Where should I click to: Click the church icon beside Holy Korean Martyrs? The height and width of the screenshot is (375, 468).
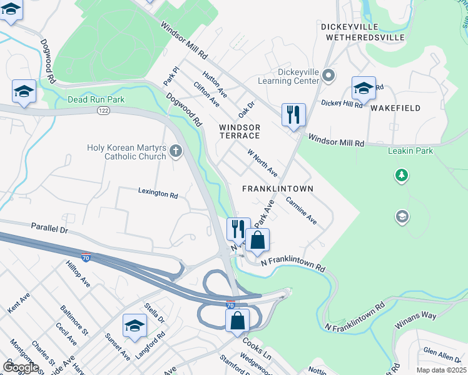click(x=176, y=151)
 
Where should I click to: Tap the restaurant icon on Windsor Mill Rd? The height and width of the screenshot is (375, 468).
click(x=293, y=115)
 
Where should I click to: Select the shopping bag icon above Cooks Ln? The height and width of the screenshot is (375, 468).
click(x=238, y=321)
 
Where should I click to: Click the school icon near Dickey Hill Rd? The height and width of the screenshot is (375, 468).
click(x=364, y=89)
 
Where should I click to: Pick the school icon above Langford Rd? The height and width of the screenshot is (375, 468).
click(x=135, y=326)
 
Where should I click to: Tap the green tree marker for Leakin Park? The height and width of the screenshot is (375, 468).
click(x=402, y=176)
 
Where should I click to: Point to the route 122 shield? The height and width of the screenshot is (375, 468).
click(x=103, y=110)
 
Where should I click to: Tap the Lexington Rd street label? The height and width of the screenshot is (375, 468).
click(x=158, y=194)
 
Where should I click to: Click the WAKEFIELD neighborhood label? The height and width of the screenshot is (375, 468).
click(x=395, y=108)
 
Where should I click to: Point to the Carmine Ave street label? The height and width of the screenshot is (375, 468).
click(x=302, y=211)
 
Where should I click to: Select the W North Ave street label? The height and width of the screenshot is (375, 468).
click(x=263, y=162)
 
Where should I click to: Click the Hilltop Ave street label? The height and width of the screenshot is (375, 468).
click(x=78, y=274)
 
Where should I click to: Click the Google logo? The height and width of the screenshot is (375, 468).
click(x=21, y=367)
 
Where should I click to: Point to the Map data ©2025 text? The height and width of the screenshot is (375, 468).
click(x=441, y=370)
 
